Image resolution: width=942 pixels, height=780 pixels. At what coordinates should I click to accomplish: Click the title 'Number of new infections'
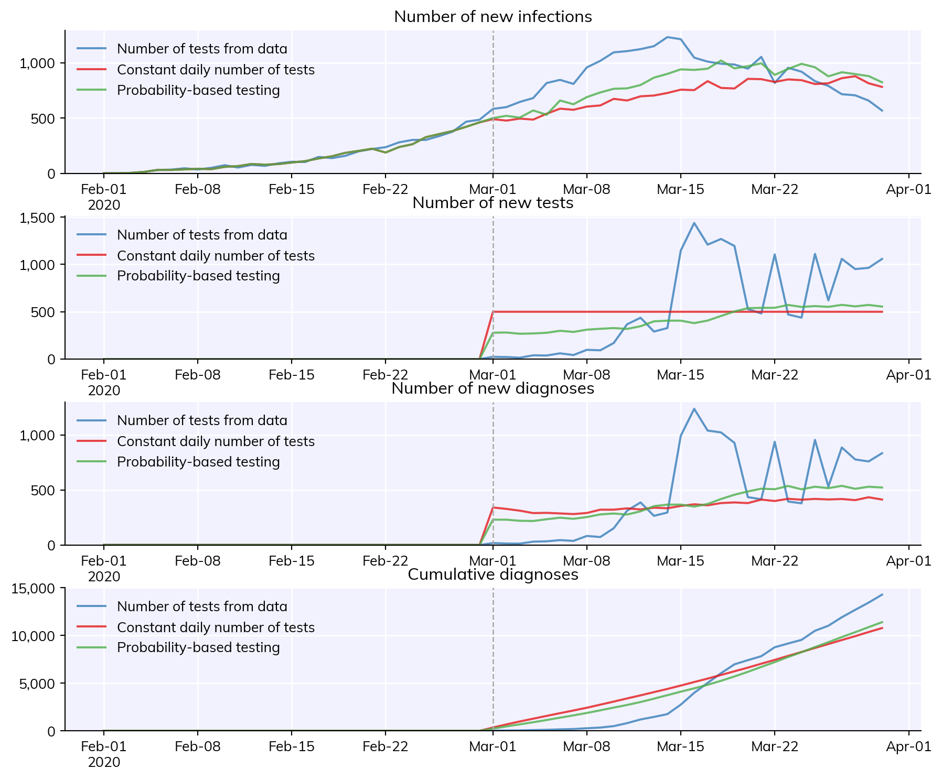(x=493, y=17)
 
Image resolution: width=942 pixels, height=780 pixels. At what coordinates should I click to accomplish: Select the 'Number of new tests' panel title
(x=493, y=203)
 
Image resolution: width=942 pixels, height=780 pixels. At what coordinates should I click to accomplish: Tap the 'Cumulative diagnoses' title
(x=493, y=575)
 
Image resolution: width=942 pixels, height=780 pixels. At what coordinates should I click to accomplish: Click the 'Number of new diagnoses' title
(x=493, y=388)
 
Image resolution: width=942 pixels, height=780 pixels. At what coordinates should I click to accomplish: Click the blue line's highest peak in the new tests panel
(x=694, y=223)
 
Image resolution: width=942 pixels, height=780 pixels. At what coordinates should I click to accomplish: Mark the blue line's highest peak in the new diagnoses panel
(x=694, y=409)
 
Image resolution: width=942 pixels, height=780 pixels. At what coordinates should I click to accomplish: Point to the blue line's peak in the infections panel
(x=667, y=37)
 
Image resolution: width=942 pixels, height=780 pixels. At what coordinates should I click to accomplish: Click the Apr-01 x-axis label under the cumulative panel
(x=909, y=746)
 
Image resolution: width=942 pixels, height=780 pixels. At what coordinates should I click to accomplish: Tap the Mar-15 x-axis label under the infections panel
(x=681, y=189)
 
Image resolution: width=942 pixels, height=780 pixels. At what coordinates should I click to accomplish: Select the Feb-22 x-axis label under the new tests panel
(x=386, y=375)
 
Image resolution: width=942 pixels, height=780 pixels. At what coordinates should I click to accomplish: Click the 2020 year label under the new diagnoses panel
(x=104, y=577)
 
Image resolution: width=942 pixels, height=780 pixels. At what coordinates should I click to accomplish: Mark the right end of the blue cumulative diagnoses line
(x=882, y=594)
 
